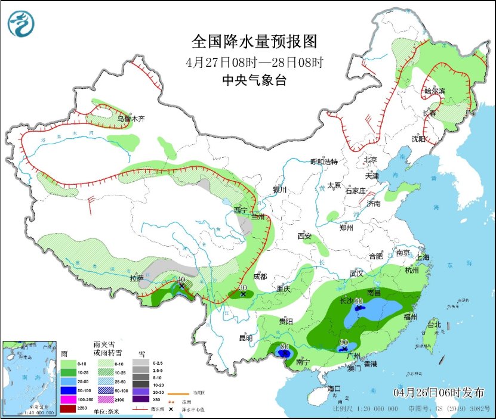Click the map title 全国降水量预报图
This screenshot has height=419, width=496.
tap(254, 42)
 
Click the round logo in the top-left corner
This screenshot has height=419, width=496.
tap(21, 24)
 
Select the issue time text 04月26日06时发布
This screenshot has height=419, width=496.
tap(439, 392)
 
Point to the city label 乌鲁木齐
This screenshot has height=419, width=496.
tap(131, 119)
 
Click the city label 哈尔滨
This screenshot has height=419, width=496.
tap(434, 91)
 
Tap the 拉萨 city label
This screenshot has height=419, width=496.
tap(137, 278)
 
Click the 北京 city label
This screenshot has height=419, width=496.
tap(371, 160)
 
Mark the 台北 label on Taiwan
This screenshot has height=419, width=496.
tap(433, 325)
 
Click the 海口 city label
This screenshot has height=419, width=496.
tap(335, 389)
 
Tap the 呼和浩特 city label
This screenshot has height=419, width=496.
tap(324, 162)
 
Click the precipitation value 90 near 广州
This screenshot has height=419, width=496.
tap(344, 342)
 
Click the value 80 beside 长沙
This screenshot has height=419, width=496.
tap(359, 302)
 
